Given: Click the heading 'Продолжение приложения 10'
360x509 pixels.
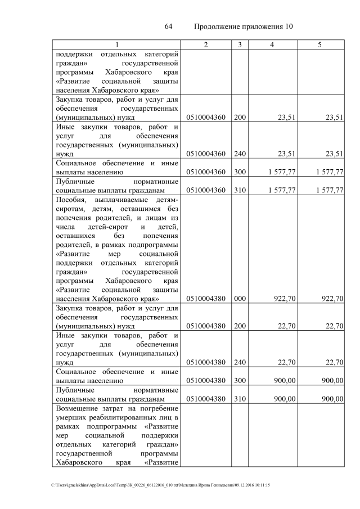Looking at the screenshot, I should [x=244, y=27].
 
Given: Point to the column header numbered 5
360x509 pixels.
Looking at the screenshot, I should [x=319, y=44].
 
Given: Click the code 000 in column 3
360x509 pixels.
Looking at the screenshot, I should [x=240, y=299].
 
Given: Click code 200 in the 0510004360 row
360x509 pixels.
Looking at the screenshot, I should [x=240, y=118].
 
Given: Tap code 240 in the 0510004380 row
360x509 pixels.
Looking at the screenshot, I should [x=240, y=362].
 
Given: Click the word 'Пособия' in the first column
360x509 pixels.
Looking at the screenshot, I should [x=70, y=200].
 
